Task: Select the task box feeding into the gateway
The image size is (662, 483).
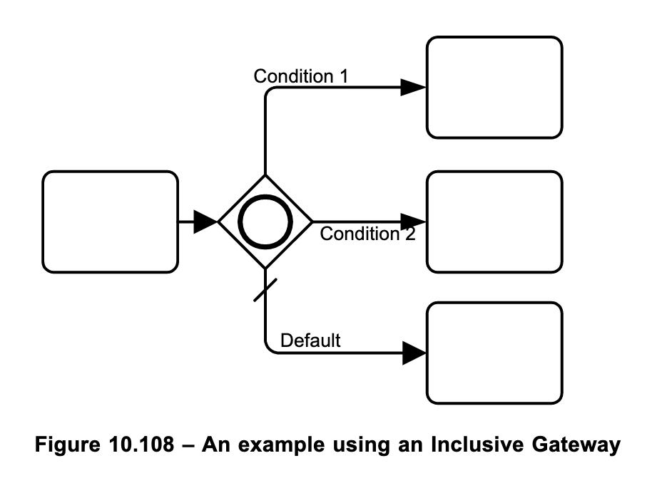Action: point(110,222)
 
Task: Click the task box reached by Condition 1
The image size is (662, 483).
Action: point(494,87)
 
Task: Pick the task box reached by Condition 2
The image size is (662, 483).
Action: point(494,222)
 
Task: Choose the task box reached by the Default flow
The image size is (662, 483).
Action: point(494,353)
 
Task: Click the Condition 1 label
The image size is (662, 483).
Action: point(301,76)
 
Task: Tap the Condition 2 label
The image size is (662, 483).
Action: point(367,234)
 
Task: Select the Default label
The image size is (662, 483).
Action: point(310,341)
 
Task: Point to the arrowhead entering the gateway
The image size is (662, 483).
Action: point(206,222)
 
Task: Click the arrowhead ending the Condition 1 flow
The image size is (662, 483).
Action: point(413,88)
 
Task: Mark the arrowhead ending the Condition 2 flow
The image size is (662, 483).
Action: point(413,222)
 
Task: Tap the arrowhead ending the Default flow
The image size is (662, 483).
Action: point(413,353)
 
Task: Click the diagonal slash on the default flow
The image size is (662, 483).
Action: point(265,289)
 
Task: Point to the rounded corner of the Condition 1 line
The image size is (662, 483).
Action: point(269,92)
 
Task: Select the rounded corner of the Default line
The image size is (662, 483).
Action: point(269,348)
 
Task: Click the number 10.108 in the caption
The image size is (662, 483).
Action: point(145,445)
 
